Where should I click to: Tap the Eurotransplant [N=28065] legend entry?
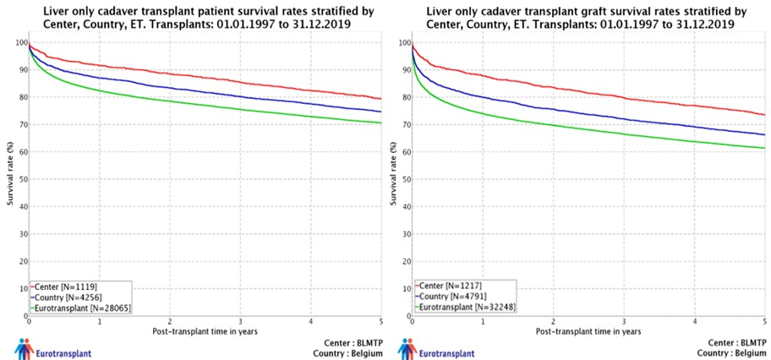(x=81, y=308)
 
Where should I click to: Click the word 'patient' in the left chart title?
(x=217, y=11)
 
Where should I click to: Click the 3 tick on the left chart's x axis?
(x=241, y=322)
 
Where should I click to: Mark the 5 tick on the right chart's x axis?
(x=764, y=322)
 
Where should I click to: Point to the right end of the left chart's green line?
(x=381, y=123)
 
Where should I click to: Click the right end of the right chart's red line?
(x=764, y=115)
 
